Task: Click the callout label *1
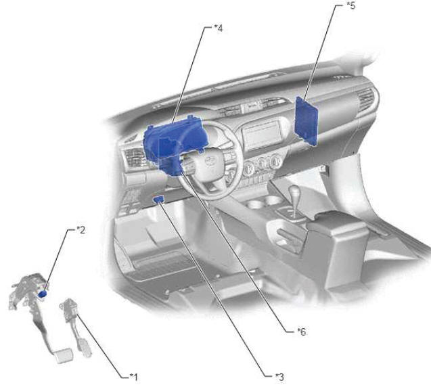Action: tap(134, 377)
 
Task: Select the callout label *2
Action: tap(81, 229)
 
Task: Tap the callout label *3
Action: tap(279, 377)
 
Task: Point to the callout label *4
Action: tap(219, 28)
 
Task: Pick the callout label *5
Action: tap(351, 5)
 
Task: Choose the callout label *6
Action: tap(302, 331)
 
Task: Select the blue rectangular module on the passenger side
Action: tap(307, 120)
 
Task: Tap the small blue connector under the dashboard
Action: tap(159, 199)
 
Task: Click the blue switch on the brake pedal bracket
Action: tap(43, 294)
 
